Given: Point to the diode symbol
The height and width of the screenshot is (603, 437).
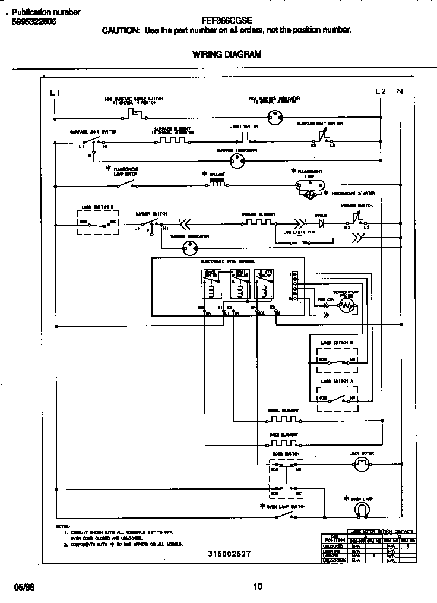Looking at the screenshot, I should pos(321,224).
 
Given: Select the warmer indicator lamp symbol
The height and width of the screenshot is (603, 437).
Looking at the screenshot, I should pos(191,249).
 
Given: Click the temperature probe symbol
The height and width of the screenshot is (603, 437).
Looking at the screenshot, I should pos(346,306).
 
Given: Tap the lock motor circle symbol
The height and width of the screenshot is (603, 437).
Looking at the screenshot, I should pos(361,468).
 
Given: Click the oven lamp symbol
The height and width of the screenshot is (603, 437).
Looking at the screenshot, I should pos(361,509).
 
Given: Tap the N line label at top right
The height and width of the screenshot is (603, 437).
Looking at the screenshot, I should pos(400,91).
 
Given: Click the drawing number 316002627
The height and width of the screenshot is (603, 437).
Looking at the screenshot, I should pos(229,554).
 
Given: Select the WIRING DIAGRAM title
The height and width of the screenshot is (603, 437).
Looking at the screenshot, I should pos(227,54).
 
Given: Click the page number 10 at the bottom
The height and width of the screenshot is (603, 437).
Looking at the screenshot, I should pos(257,587).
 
